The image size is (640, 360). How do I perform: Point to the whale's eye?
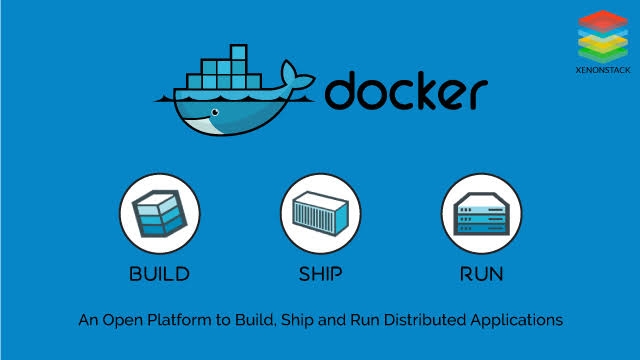213,112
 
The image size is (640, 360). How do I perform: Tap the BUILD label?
159,273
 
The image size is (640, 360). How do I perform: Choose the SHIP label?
320,273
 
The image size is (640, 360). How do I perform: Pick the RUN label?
481,273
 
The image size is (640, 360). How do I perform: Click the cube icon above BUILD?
159,214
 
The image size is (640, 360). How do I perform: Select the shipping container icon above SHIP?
320,214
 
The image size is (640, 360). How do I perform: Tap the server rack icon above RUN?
481,214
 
